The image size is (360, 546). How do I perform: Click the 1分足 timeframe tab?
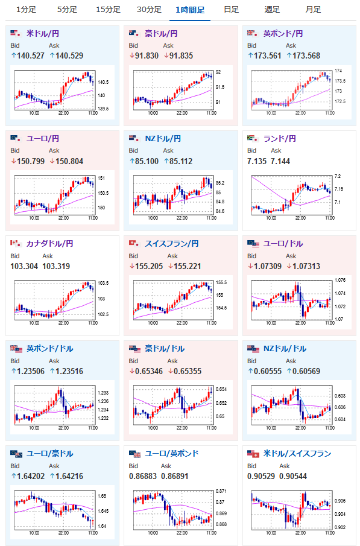point(26,10)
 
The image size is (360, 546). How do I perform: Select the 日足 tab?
point(231,10)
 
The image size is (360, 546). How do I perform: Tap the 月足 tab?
point(313,10)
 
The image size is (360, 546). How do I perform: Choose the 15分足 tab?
point(109,10)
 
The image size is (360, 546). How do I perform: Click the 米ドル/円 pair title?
point(42,33)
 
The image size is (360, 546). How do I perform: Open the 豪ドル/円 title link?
point(161,33)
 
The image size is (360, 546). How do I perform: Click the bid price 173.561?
point(267,56)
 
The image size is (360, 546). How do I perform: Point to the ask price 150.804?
point(69,161)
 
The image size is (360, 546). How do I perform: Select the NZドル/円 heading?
point(163,139)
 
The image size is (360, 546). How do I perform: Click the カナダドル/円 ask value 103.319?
point(56,267)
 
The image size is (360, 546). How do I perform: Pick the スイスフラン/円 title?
point(172,243)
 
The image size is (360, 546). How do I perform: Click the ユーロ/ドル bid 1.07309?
point(268,267)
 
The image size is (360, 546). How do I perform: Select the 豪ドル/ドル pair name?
point(165,349)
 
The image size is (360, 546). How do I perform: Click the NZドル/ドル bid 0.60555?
point(268,371)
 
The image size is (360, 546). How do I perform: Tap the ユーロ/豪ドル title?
point(50,453)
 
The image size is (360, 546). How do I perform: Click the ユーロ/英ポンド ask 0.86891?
point(174,477)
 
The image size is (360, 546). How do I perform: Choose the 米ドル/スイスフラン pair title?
point(297,453)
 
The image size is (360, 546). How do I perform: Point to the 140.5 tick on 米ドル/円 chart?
point(103,82)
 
